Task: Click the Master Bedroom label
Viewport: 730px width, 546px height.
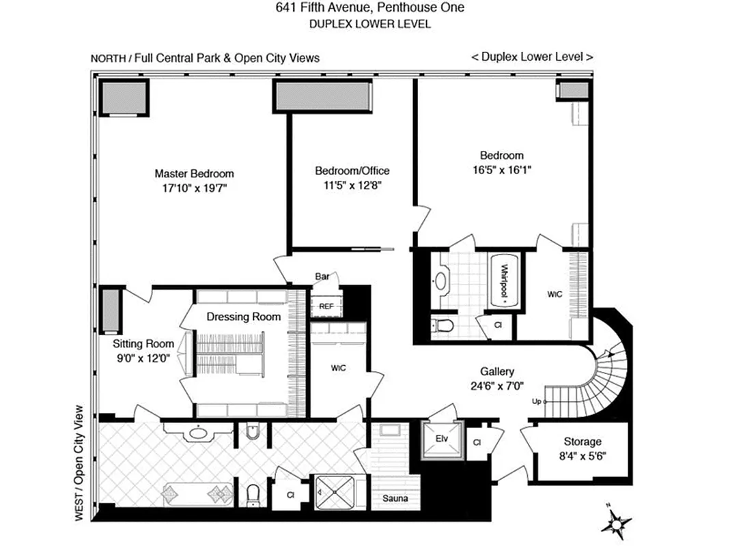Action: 194,173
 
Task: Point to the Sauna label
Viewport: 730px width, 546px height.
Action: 395,499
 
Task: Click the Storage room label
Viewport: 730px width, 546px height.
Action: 582,442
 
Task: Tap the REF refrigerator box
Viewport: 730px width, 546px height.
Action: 326,306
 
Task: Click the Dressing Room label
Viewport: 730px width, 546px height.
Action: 244,317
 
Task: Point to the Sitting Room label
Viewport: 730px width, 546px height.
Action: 143,344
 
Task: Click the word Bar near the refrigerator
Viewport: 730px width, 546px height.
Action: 322,277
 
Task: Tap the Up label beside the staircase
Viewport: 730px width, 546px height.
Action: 538,401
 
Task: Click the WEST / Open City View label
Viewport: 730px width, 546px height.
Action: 79,464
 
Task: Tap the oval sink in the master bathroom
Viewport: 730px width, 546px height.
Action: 199,431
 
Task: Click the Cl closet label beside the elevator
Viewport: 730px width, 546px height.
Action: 477,443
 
